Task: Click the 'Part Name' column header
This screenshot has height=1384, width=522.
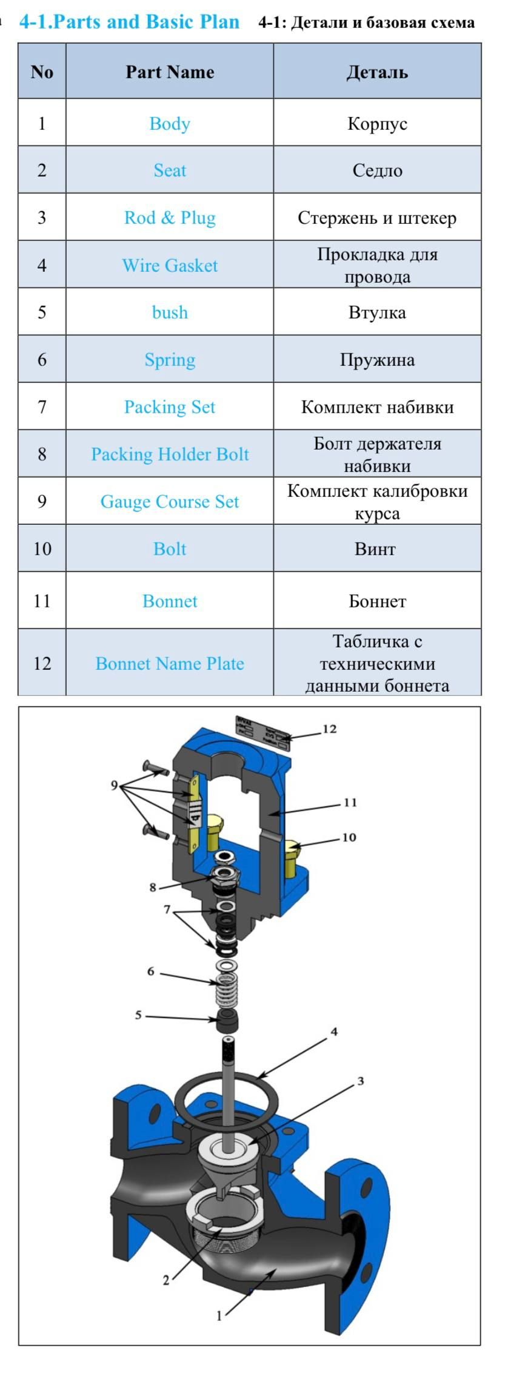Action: pos(170,72)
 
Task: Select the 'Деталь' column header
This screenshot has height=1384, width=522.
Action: pos(377,72)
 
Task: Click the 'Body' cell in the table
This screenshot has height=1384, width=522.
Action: pos(170,124)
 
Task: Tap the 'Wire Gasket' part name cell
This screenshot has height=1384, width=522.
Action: pos(170,265)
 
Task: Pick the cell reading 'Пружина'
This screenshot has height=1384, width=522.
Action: pos(377,360)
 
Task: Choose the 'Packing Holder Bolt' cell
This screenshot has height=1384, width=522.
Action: pos(170,454)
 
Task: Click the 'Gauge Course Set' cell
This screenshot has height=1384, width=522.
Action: pos(170,502)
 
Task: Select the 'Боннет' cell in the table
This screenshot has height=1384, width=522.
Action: pos(377,601)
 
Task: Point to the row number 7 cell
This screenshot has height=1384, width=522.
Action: pos(42,407)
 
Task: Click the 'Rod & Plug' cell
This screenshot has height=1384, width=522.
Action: pos(170,218)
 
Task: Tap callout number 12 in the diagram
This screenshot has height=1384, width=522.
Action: pos(329,729)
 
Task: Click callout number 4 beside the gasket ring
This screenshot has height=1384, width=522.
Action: pos(333,1031)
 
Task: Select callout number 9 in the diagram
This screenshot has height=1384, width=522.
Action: pos(114,785)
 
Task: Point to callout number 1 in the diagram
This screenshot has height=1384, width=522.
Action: pos(219,1315)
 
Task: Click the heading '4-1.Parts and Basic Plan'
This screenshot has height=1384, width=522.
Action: pos(129,22)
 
